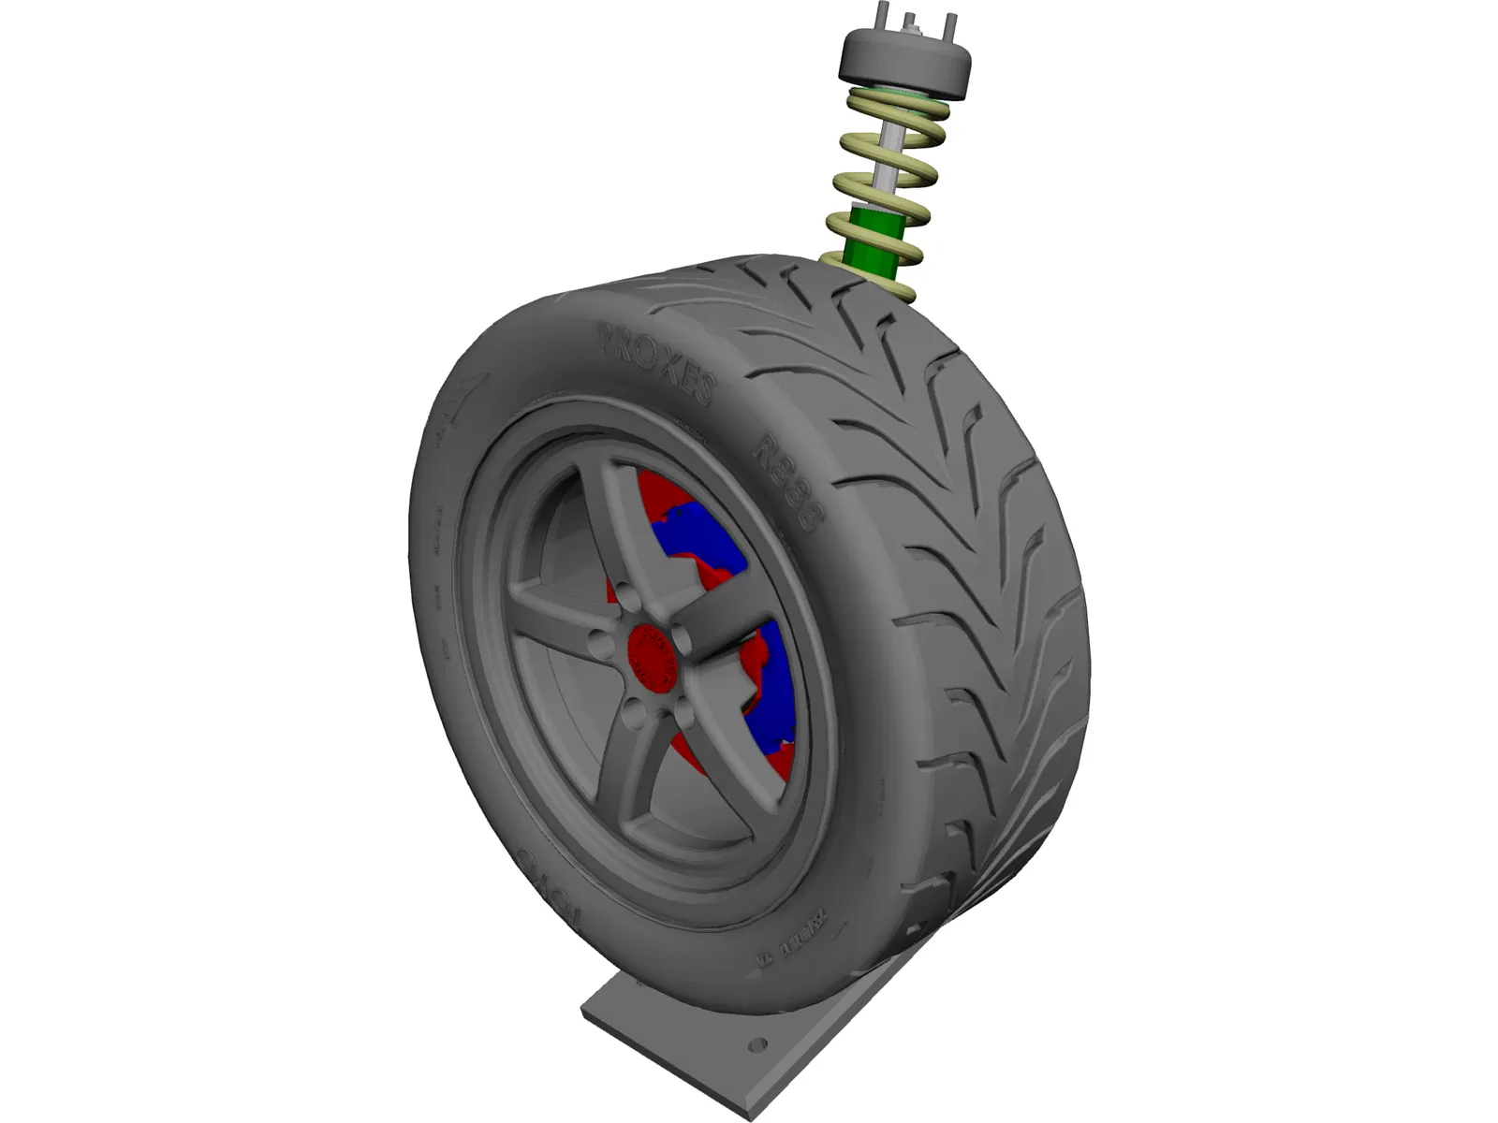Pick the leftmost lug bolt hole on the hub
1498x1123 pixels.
(596, 644)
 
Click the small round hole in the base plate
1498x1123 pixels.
(758, 1044)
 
